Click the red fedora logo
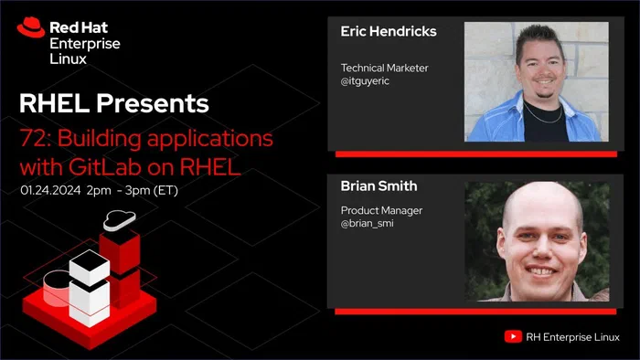pos(31,26)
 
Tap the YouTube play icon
pos(513,337)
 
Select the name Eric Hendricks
pos(389,31)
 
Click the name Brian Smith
pos(379,185)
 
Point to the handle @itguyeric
pos(365,81)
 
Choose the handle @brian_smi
pos(367,224)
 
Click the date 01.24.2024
pos(50,190)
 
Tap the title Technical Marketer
pos(385,68)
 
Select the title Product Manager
pos(381,210)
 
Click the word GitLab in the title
pos(104,166)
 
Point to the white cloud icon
pos(119,220)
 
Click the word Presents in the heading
pos(153,103)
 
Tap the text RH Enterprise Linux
pos(572,337)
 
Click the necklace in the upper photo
pos(542,114)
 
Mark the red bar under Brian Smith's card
pos(475,312)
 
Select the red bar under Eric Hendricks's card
pos(476,154)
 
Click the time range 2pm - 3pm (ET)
pos(133,190)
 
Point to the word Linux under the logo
pos(69,58)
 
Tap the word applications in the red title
pos(209,140)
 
